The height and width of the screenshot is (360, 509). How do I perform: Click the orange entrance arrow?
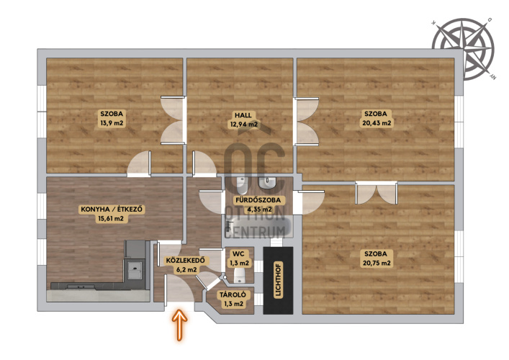click(179, 325)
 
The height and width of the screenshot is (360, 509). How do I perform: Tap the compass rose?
click(463, 49)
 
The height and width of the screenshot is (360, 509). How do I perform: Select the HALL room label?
click(243, 115)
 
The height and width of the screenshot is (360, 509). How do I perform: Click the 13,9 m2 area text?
click(112, 123)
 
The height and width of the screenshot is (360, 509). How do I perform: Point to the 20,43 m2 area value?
click(377, 123)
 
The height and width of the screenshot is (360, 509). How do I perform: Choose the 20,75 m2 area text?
click(377, 263)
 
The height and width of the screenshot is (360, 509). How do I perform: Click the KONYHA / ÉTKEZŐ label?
click(112, 210)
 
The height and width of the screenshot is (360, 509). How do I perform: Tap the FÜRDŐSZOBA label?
click(258, 200)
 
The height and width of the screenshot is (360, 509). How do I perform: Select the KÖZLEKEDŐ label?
click(185, 261)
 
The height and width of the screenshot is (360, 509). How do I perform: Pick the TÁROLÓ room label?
click(233, 295)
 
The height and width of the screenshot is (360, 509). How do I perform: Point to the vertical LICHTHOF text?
click(278, 280)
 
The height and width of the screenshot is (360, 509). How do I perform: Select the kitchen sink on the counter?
click(135, 269)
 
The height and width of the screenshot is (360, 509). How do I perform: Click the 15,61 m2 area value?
click(111, 218)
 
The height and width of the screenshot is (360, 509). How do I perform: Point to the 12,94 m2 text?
click(244, 125)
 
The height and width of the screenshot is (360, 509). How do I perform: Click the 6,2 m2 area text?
click(186, 269)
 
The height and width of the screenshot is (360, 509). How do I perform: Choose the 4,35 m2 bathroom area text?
click(259, 209)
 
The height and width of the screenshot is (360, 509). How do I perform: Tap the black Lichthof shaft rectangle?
click(278, 281)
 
